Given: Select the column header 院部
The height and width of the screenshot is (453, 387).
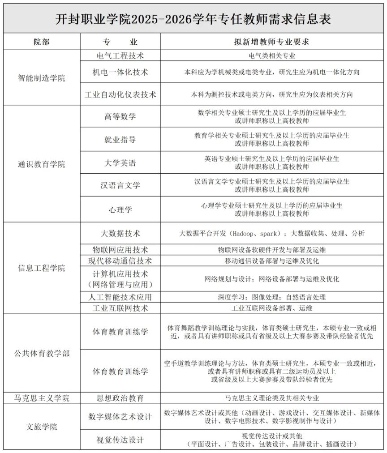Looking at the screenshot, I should click(x=42, y=42).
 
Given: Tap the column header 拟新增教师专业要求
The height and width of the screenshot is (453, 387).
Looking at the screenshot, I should click(x=272, y=42).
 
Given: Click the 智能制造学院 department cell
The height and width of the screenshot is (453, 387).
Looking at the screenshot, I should click(x=42, y=78).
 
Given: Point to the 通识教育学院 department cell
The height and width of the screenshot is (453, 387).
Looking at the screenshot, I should click(x=42, y=164).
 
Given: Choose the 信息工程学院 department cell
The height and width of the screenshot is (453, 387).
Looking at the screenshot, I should click(x=42, y=268).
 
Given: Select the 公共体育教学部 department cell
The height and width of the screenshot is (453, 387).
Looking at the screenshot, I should click(x=42, y=353).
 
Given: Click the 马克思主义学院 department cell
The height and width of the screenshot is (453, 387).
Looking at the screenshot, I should click(x=42, y=397).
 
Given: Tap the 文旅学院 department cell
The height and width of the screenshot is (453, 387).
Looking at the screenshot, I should click(x=42, y=427).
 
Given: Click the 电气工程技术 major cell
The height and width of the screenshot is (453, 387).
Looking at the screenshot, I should click(x=120, y=56).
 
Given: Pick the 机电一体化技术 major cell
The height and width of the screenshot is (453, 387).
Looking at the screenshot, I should click(x=120, y=72).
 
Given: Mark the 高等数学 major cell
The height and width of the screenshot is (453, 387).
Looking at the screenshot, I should click(x=120, y=116).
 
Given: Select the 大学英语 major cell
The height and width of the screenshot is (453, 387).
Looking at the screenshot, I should click(x=120, y=163).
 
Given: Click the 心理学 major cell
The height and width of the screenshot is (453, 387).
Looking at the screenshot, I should click(x=120, y=209).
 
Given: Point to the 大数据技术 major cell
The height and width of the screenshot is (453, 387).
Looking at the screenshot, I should click(x=120, y=233).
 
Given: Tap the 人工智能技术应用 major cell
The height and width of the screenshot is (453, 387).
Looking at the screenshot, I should click(x=120, y=297).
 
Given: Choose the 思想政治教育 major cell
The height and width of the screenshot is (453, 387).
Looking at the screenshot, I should click(x=120, y=397).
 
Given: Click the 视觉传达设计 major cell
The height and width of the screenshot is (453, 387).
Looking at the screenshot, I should click(x=120, y=440).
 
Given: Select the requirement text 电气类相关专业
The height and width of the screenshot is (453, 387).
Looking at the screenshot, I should click(x=272, y=56).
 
